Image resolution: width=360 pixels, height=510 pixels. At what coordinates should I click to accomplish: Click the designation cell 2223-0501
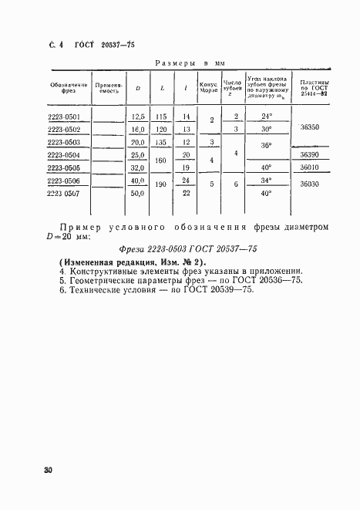pos(66,116)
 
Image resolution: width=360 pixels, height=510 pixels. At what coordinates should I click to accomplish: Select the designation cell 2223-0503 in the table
pos(66,142)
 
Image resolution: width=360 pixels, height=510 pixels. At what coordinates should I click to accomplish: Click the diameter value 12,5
pos(138,116)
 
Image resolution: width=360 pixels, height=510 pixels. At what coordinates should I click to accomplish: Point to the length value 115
pos(161,116)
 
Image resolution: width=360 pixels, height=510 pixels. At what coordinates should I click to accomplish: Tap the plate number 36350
pos(311,130)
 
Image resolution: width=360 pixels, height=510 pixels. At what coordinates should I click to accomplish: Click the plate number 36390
pos(311,154)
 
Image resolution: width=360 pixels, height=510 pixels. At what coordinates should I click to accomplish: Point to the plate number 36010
pos(311,167)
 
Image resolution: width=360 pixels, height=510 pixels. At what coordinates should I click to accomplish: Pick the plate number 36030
pos(311,185)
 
